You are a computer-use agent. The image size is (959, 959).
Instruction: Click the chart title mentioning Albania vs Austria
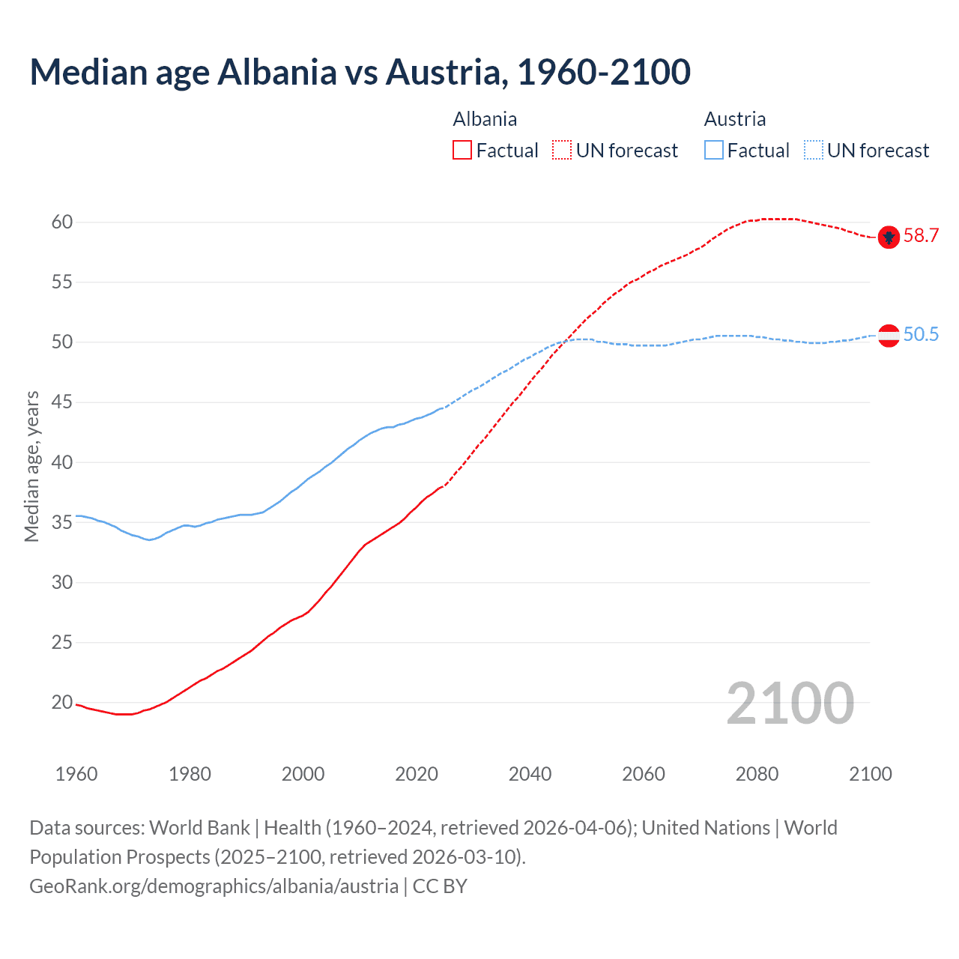point(360,72)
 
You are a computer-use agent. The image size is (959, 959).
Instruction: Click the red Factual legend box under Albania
point(462,151)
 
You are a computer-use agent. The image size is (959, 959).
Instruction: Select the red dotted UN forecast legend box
point(562,151)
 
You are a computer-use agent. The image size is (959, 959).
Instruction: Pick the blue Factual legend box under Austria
point(714,151)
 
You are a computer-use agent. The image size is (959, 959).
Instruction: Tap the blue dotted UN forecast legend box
point(813,151)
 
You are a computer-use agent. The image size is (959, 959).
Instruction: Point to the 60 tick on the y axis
point(62,222)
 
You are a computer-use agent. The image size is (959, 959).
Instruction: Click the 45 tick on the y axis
point(62,402)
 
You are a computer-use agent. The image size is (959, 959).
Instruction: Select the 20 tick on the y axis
point(62,702)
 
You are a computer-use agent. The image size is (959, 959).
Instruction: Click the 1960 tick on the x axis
point(76,774)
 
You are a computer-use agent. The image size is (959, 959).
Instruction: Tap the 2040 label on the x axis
point(530,774)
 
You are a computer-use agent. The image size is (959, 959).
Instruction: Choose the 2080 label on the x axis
point(757,774)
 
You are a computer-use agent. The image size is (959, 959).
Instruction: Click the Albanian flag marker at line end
point(889,237)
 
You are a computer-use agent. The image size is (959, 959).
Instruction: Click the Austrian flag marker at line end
point(889,336)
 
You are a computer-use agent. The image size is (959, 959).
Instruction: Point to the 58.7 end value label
point(921,236)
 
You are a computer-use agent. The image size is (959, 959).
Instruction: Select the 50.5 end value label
point(921,335)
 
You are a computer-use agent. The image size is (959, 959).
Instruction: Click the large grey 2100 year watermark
point(790,703)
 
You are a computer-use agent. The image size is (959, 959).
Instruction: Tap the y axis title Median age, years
point(31,466)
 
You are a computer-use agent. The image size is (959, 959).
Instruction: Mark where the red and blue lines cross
point(563,342)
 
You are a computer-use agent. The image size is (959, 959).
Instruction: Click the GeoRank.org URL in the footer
point(214,886)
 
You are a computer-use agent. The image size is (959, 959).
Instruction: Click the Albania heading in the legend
point(485,119)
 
